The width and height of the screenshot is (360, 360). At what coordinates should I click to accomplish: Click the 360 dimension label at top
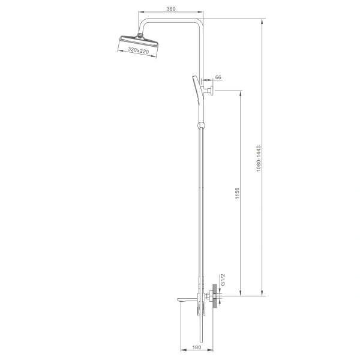(171, 9)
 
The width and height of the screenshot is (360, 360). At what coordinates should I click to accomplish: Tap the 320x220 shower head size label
(138, 50)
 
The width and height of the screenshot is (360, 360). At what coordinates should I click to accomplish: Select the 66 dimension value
(218, 77)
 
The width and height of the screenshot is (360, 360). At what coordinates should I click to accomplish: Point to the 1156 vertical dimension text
(237, 193)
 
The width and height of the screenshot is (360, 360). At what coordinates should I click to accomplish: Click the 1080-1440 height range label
(259, 158)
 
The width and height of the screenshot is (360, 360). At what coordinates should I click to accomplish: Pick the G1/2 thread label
(223, 280)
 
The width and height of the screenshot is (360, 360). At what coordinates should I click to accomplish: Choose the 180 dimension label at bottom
(197, 347)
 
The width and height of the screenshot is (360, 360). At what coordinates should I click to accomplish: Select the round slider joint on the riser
(201, 125)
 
